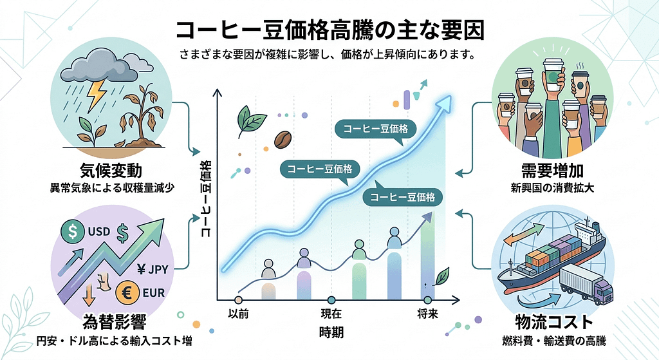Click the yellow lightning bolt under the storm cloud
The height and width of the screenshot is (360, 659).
pos(97,94)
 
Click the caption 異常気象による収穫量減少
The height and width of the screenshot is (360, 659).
pos(112,189)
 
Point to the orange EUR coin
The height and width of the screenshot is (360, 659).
pos(126,294)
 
